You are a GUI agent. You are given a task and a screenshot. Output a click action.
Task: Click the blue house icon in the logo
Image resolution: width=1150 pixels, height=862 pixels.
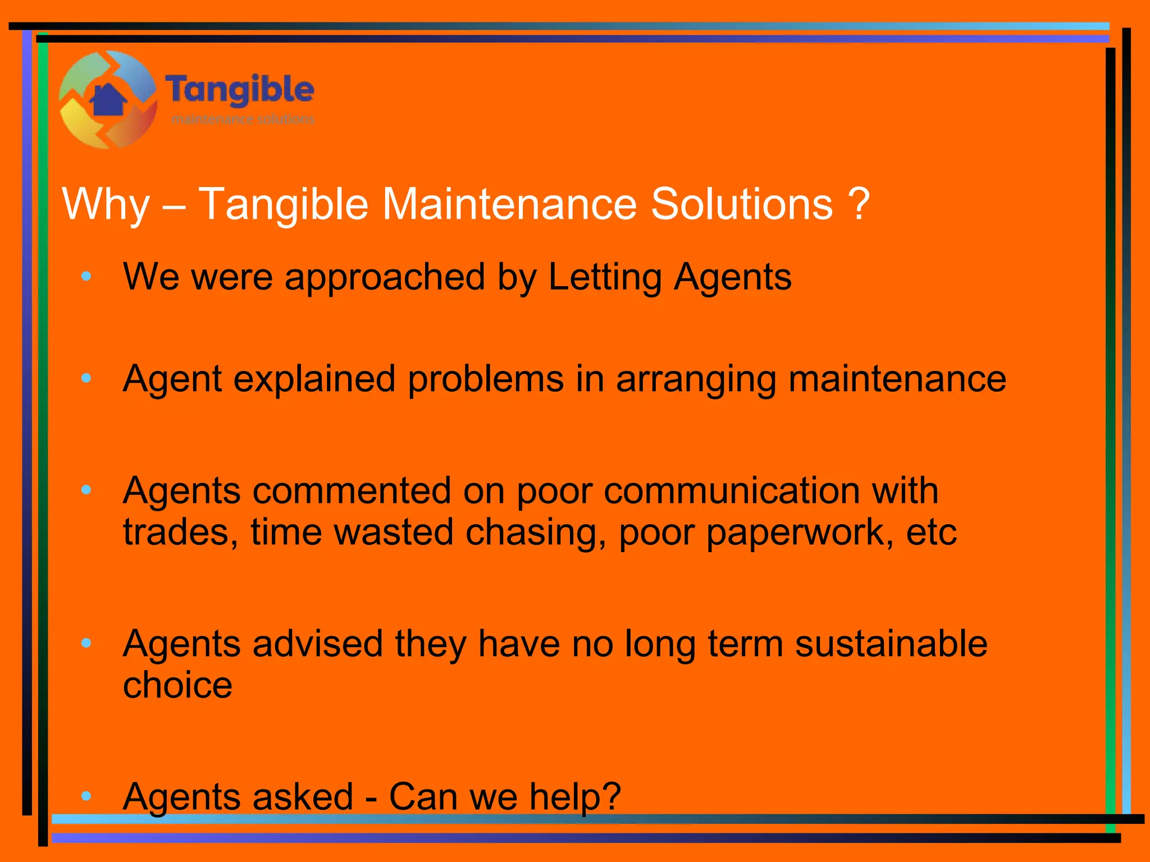tap(108, 100)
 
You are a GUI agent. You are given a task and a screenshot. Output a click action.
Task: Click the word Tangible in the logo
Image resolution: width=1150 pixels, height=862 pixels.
tap(240, 90)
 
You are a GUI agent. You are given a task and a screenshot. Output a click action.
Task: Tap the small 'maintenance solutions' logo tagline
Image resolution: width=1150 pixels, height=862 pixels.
tap(243, 120)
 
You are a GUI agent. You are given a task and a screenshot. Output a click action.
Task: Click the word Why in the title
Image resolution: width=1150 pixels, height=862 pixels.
tap(106, 204)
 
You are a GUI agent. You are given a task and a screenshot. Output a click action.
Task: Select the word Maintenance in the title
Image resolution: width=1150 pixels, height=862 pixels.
tap(509, 204)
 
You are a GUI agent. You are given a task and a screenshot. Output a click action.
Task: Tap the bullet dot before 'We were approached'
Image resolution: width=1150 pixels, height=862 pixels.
tap(86, 276)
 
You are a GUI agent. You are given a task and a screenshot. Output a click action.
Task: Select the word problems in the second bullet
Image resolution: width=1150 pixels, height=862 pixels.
tap(486, 379)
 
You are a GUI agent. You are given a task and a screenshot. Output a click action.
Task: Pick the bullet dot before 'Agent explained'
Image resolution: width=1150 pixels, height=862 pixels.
tap(86, 379)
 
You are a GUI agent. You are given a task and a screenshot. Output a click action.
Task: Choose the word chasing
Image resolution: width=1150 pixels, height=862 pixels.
tap(536, 533)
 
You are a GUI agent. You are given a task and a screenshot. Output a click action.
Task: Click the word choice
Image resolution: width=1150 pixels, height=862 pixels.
tap(177, 686)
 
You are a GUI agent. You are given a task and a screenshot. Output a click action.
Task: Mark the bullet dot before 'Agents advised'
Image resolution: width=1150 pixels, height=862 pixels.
tap(86, 643)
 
